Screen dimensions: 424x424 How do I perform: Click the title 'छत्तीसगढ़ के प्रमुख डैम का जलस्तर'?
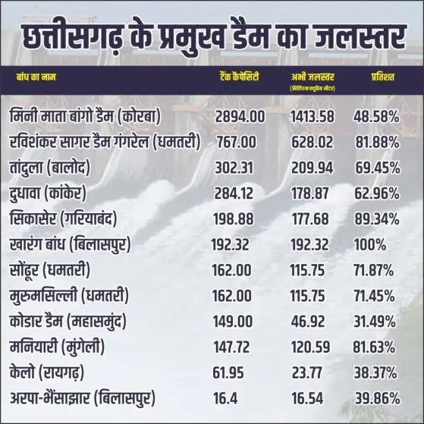212,34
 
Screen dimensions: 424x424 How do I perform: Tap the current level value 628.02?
312,143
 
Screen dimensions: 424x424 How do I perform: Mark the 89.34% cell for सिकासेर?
376,218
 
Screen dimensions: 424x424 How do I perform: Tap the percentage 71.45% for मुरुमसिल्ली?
375,295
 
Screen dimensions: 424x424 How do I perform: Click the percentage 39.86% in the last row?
376,398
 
